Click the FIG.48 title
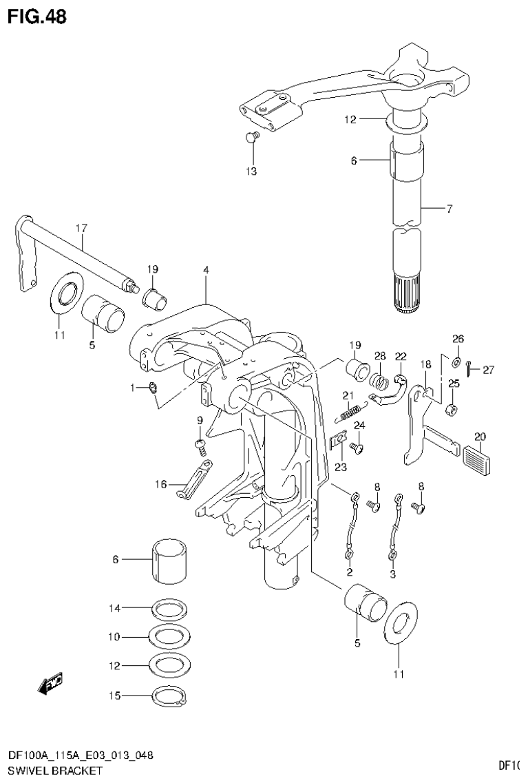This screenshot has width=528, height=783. [x=37, y=17]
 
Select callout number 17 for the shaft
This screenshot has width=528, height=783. [x=81, y=227]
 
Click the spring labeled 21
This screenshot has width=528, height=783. [x=350, y=413]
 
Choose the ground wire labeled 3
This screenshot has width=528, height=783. [x=396, y=525]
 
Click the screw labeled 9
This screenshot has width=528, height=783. [x=200, y=446]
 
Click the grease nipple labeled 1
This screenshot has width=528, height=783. [x=153, y=390]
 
